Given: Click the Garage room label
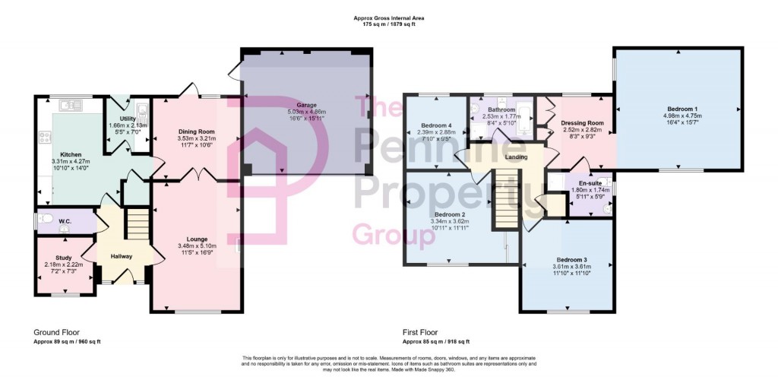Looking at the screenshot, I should (306, 105).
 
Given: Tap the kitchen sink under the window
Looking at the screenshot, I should (73, 105).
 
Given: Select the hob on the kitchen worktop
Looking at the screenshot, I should (43, 138).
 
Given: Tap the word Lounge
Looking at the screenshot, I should (197, 239).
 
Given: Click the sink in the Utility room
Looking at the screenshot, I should (142, 109).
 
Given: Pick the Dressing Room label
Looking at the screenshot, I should (582, 123).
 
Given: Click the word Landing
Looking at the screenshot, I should (517, 157).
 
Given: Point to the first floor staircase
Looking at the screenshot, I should (504, 199).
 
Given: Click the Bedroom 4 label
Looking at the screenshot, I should (437, 125).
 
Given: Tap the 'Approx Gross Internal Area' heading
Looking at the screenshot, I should (388, 17).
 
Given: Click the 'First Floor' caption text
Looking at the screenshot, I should (420, 333).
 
